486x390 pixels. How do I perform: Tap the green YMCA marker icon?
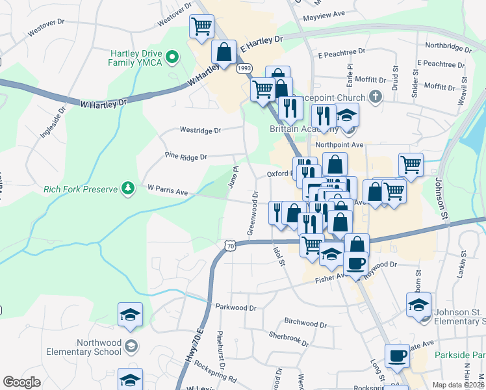(173, 57)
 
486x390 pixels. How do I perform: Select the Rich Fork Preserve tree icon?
(129, 188)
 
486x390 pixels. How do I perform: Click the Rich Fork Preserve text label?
(80, 190)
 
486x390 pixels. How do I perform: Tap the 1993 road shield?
(244, 68)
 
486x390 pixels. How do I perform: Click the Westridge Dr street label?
(200, 130)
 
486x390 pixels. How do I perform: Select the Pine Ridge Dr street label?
(186, 157)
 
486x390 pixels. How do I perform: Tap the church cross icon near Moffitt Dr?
(374, 97)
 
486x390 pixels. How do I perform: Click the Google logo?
(21, 382)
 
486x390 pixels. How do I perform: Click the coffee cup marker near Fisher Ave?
(355, 263)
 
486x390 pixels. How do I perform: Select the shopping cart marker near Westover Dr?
(201, 27)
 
